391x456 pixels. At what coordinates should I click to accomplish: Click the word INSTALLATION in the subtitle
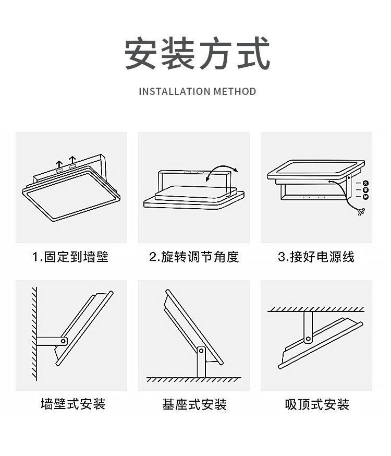pyautogui.click(x=175, y=91)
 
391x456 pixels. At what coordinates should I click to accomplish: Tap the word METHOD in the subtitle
pyautogui.click(x=235, y=91)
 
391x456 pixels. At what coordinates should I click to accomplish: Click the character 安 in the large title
pyautogui.click(x=141, y=53)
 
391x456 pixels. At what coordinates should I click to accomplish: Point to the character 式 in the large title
pyautogui.click(x=254, y=53)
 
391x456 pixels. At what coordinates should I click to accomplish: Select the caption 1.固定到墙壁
pyautogui.click(x=70, y=257)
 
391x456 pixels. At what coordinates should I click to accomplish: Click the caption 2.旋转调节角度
pyautogui.click(x=194, y=257)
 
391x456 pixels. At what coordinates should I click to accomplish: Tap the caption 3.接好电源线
pyautogui.click(x=316, y=257)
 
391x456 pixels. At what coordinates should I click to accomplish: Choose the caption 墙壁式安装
pyautogui.click(x=73, y=404)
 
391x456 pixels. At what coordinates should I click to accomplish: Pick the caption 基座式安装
pyautogui.click(x=194, y=404)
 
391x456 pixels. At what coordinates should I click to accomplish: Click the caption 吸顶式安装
pyautogui.click(x=317, y=404)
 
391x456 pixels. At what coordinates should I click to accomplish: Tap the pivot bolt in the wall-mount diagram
pyautogui.click(x=63, y=341)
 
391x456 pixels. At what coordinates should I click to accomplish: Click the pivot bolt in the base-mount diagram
pyautogui.click(x=201, y=351)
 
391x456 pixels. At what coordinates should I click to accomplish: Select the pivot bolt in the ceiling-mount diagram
pyautogui.click(x=308, y=339)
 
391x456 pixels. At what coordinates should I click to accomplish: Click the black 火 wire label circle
pyautogui.click(x=366, y=183)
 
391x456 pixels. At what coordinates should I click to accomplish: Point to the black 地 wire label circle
pyautogui.click(x=366, y=197)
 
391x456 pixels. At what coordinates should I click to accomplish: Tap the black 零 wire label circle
pyautogui.click(x=366, y=190)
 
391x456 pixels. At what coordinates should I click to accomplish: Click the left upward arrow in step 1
pyautogui.click(x=59, y=164)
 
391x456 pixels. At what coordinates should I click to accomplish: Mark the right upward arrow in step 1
pyautogui.click(x=72, y=160)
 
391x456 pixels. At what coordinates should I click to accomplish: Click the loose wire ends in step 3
pyautogui.click(x=362, y=212)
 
